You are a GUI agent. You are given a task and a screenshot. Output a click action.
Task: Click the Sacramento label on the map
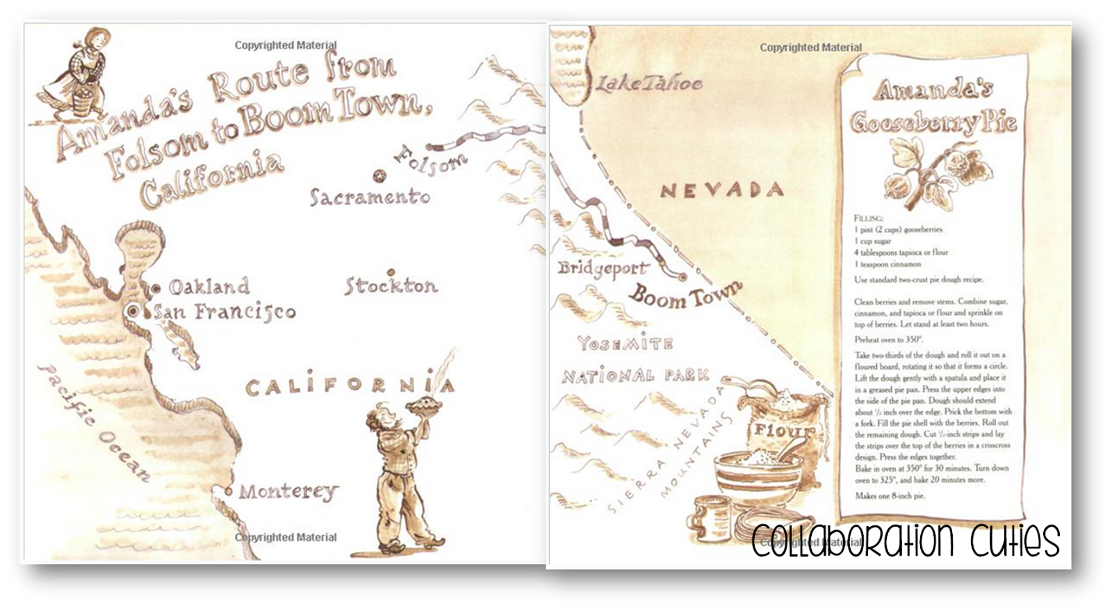[369, 197]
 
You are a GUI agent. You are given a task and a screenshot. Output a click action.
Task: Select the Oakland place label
[208, 286]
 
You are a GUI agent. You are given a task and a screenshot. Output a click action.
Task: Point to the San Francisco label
[224, 312]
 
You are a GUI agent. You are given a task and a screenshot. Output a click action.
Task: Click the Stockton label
[391, 286]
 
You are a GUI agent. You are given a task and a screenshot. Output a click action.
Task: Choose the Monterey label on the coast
[288, 492]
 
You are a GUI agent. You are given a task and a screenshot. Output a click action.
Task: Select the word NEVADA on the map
[721, 190]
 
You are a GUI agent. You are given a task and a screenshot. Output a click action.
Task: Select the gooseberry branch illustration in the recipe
[922, 172]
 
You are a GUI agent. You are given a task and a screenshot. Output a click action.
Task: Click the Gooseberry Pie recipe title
[933, 107]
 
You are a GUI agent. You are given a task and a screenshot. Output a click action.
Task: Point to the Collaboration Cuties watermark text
[906, 541]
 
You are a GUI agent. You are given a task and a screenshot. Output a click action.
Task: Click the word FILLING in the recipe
[870, 218]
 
